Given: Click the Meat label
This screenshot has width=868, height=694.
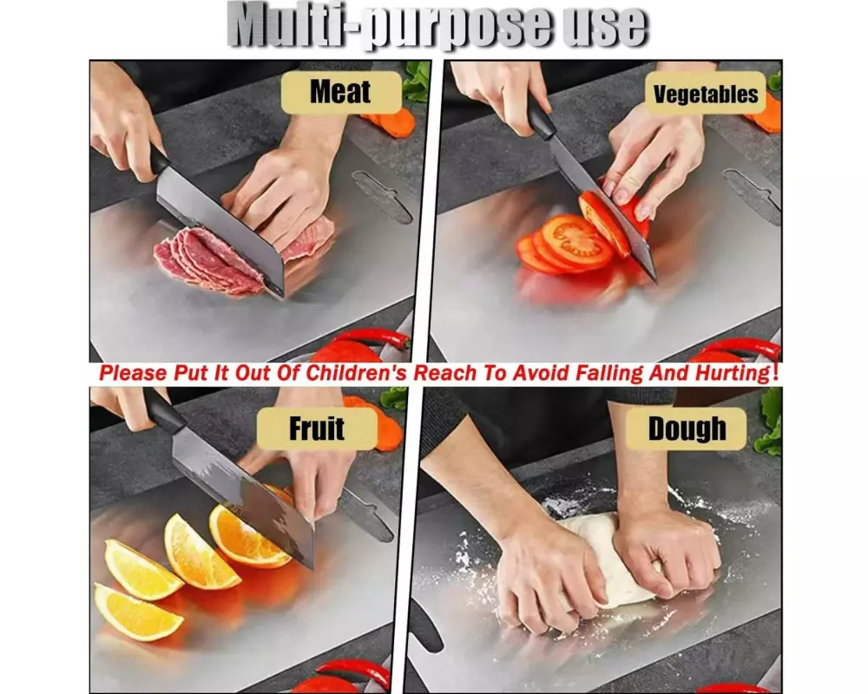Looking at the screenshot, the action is [x=340, y=92].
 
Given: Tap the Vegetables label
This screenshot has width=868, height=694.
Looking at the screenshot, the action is [x=705, y=94].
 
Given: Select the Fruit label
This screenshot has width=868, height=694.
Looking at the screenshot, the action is [x=317, y=429].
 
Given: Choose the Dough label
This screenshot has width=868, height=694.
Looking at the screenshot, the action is [x=687, y=429].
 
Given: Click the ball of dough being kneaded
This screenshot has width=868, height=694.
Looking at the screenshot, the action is [x=615, y=559].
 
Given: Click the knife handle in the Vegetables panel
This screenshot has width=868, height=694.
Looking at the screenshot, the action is [x=540, y=116].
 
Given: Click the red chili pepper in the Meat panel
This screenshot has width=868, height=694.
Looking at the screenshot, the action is [x=377, y=336].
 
